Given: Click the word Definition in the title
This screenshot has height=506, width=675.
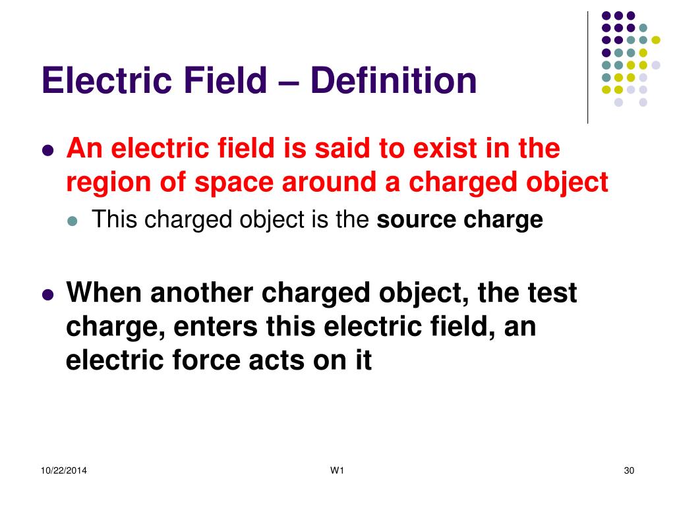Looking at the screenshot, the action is tap(394, 80).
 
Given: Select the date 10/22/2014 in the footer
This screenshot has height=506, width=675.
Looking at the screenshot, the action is tap(64, 470).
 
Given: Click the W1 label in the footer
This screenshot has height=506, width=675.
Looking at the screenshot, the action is tap(337, 470).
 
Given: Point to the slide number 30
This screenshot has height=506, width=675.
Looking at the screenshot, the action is tap(629, 470).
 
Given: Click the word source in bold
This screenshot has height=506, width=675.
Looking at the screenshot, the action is tap(417, 220).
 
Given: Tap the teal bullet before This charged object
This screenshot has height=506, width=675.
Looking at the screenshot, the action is tap(73, 221).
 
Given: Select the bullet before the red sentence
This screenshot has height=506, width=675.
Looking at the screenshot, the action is tap(47, 151).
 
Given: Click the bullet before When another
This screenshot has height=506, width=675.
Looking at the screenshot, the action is tap(47, 295).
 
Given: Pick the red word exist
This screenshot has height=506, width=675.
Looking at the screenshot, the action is tap(442, 148).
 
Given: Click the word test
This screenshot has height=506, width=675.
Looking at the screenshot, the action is tap(552, 293).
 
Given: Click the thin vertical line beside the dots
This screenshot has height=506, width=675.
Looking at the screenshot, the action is tap(587, 68).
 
